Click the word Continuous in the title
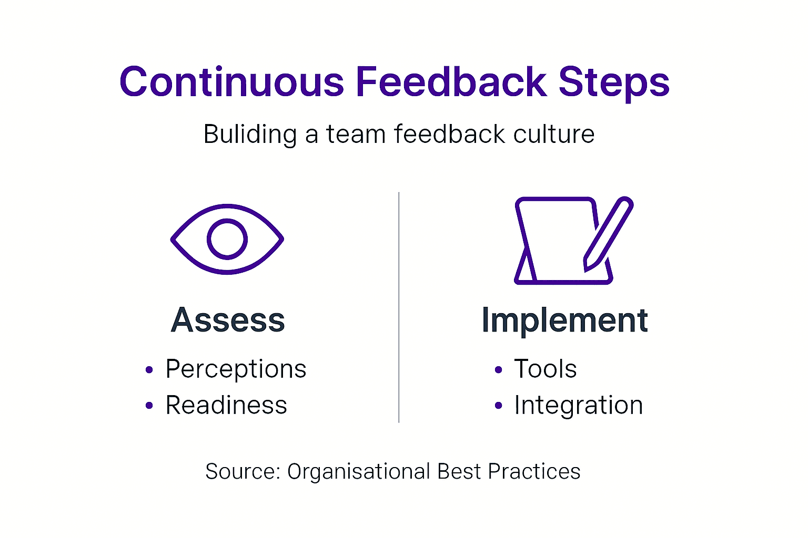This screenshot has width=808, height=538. (x=231, y=82)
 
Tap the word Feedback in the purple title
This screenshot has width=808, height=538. (x=451, y=82)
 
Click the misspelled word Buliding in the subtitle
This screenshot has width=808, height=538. (x=250, y=134)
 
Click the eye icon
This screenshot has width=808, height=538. (x=227, y=239)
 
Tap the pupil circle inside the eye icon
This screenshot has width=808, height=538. (x=227, y=239)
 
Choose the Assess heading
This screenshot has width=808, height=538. (x=228, y=320)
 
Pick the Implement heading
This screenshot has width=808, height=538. (x=564, y=320)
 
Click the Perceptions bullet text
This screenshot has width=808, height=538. (x=236, y=369)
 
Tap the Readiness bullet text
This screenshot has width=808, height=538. (x=226, y=405)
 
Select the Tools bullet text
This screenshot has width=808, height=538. (x=545, y=369)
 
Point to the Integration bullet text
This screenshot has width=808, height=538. (x=578, y=405)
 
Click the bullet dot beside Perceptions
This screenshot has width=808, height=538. (x=149, y=370)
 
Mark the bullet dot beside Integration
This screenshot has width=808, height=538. (x=498, y=406)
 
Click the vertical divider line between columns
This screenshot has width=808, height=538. (x=399, y=307)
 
